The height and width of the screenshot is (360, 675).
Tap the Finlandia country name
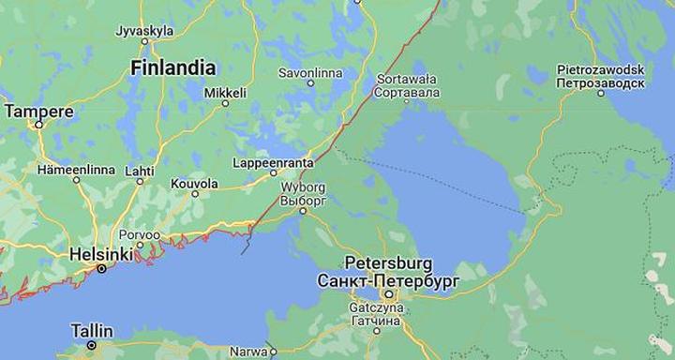[x=173, y=67]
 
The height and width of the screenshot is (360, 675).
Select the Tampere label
[x=39, y=112]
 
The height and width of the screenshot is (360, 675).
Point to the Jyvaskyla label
[x=144, y=31]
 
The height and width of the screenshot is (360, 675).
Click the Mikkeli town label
[x=225, y=93]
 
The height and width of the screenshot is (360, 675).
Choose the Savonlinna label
[x=310, y=72]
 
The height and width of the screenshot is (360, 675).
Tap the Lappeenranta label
[x=273, y=163]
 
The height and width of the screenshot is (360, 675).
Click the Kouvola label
[x=194, y=184]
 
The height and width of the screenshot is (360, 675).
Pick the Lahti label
[x=140, y=171]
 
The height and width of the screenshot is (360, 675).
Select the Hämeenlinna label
[x=76, y=170]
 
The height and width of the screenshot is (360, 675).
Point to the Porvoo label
[x=139, y=234]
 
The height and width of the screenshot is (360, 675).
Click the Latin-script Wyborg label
[x=303, y=187]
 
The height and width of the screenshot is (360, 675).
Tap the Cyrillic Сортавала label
[x=407, y=93]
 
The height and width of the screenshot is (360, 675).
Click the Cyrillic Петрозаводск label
[x=600, y=83]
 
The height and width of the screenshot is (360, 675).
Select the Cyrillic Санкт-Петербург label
[x=388, y=280]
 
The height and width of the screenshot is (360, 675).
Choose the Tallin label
[x=92, y=331]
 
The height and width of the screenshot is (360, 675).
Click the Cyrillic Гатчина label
[x=377, y=320]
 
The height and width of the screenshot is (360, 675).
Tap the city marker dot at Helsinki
[x=102, y=269]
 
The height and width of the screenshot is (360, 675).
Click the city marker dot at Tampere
[x=39, y=127]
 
